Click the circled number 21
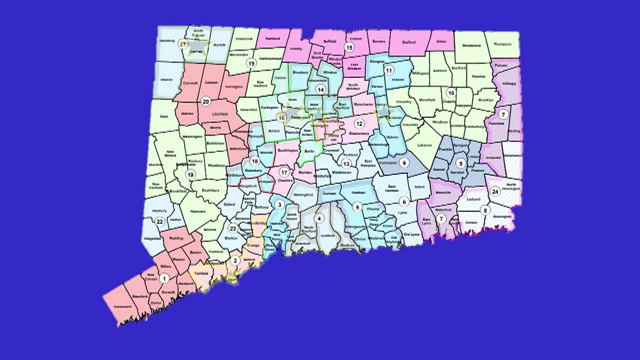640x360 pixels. point(183,44)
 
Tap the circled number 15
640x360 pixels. point(349,47)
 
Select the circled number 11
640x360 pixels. point(388,69)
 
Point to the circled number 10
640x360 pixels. point(451,92)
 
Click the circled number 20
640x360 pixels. point(205,101)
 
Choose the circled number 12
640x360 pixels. point(359,123)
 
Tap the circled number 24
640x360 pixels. point(495,191)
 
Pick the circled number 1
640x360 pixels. point(164,278)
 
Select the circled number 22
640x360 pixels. point(160,222)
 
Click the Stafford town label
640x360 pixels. point(408,42)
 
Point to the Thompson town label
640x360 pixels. point(502,44)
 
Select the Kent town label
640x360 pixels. point(163,116)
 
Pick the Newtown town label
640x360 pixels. point(197,211)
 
